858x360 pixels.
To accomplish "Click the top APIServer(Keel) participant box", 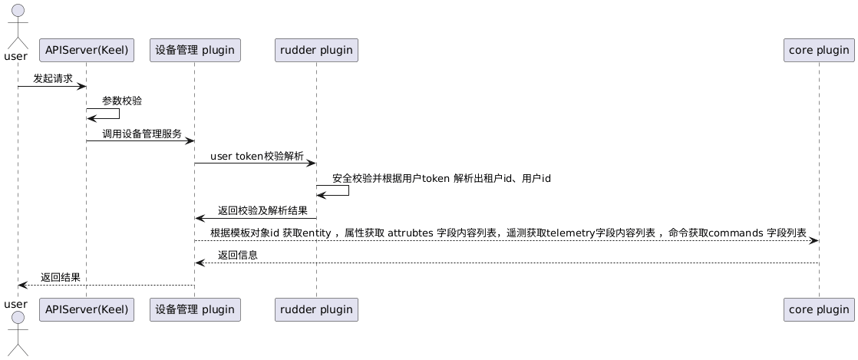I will (86, 51).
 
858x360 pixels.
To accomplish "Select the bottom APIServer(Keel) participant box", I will (86, 310).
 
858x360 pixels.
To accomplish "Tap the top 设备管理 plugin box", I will (194, 51).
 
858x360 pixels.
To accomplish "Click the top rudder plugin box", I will (316, 51).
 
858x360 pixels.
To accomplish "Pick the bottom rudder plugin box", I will (316, 310).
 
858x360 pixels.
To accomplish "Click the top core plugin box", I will (819, 51).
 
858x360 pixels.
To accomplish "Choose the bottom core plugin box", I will (819, 310).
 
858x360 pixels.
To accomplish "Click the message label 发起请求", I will (53, 78).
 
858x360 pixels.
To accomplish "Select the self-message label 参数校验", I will (121, 101).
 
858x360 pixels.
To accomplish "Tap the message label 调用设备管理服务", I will (142, 134).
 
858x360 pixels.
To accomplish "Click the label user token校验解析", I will (256, 156).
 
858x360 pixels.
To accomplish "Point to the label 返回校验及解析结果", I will (262, 210).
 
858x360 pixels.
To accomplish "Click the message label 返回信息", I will (237, 255).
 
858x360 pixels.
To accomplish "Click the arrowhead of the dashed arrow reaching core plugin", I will (814, 240).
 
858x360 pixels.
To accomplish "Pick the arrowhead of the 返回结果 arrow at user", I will (22, 285).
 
